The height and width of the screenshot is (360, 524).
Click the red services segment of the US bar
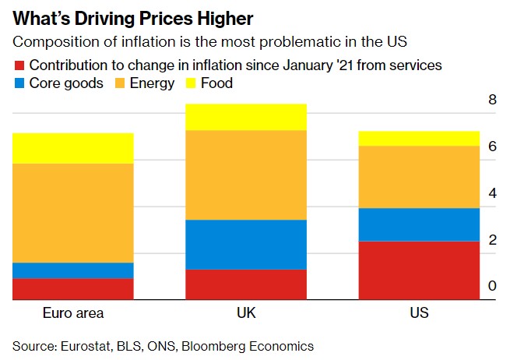point(419,270)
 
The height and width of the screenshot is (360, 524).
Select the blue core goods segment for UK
point(246,245)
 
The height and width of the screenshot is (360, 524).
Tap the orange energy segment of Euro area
point(73,213)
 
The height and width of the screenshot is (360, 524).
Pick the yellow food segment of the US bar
point(419,139)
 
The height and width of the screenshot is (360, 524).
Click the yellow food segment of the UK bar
point(246,117)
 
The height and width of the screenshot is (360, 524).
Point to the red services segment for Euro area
point(73,289)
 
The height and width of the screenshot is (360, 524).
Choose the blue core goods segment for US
point(419,224)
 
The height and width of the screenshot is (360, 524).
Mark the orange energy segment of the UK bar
point(246,175)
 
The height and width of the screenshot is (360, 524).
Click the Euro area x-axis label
point(73,313)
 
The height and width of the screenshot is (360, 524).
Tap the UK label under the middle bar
point(246,313)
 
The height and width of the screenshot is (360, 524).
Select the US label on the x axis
point(419,313)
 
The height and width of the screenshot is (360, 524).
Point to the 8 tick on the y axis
point(492,100)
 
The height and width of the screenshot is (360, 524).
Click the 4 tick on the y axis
point(492,193)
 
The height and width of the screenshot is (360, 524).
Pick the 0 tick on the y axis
point(492,287)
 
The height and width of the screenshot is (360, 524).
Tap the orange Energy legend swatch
point(119,83)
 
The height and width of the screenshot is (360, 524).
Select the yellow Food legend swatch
point(191,83)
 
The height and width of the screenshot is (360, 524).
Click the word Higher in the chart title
point(232,17)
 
